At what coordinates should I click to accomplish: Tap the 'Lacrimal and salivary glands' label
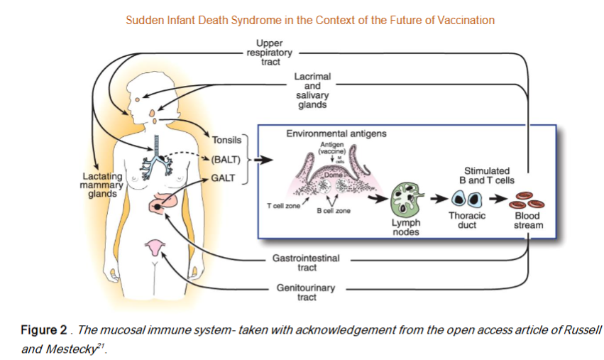tap(312, 89)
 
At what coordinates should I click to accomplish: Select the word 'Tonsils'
tap(227, 140)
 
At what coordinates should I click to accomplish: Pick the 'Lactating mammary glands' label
tap(102, 185)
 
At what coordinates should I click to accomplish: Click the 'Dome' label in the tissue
tap(333, 174)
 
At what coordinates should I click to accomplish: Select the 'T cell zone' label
tap(283, 205)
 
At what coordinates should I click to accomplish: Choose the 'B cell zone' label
tap(333, 211)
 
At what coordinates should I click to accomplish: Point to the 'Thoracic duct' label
tap(466, 220)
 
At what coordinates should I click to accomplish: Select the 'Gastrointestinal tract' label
tap(307, 263)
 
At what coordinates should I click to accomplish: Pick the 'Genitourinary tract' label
tap(306, 293)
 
